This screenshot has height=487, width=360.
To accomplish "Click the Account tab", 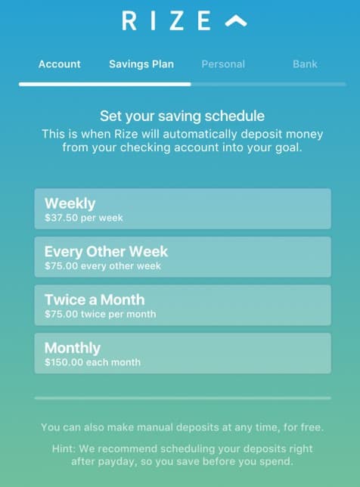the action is coord(59,64).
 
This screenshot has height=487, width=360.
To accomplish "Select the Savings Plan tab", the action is coord(141,64).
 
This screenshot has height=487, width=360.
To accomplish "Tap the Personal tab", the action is coord(223,64).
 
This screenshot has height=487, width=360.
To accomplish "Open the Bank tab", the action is coord(305,64).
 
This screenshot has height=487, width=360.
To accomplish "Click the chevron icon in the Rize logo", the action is coord(236,21).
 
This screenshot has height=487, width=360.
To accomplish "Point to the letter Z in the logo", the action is coord(176,20).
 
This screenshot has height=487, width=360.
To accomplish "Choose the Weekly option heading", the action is coord(70,203).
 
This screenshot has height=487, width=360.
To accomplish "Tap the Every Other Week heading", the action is coord(106,252).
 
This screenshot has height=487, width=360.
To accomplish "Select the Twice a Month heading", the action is coord(95,299).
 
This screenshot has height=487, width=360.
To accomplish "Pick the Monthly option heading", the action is coord(73,348).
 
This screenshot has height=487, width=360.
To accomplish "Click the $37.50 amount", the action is coord(61,218).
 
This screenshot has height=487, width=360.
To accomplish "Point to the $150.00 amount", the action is coord(64,362).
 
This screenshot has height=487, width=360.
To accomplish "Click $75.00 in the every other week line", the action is coord(61,266).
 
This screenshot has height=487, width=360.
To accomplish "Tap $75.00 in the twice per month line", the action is coord(61,314).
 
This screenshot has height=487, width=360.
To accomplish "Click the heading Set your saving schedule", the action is coord(182,116).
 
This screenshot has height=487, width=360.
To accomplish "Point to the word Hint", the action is coord(64,448).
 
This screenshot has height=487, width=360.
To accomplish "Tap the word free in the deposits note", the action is coord(311,427).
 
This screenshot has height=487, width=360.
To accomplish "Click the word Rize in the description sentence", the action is coord(126,134).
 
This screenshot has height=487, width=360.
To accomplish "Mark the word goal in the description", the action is coord(289,147).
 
